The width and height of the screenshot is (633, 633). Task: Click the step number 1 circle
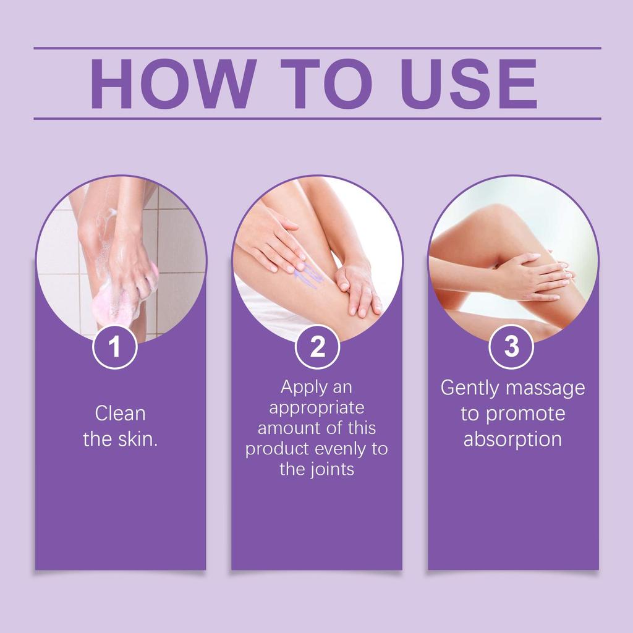115,346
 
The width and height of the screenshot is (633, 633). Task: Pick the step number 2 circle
317,346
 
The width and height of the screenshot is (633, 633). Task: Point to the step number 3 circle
511,346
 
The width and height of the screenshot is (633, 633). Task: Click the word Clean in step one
120,414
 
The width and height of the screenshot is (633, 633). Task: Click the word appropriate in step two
316,408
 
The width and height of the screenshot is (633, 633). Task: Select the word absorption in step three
512,440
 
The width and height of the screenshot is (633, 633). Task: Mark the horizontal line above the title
317,48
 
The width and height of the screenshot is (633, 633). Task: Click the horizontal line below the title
317,119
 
